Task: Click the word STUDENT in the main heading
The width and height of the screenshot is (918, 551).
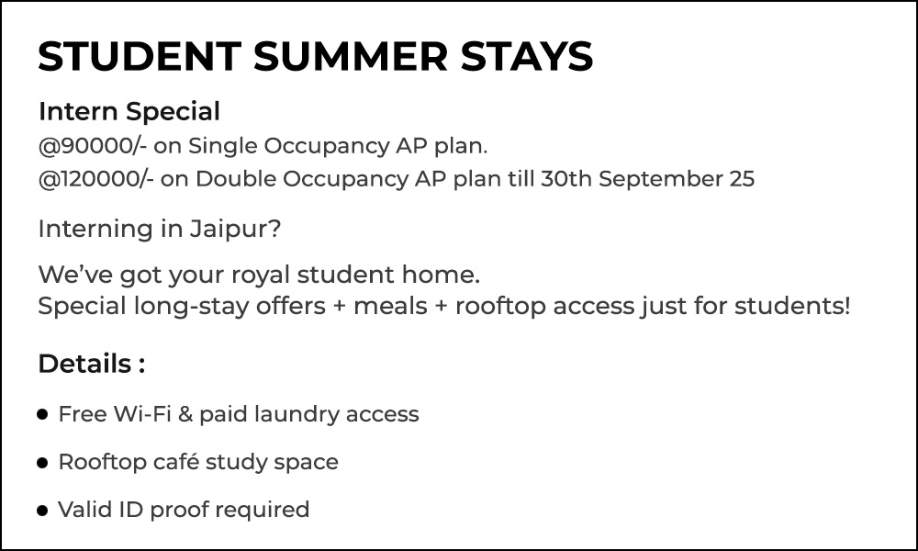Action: [x=140, y=56]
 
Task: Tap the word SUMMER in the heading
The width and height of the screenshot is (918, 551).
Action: [x=351, y=56]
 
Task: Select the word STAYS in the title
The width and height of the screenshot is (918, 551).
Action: [x=527, y=56]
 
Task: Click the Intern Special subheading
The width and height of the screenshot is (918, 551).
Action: [x=129, y=112]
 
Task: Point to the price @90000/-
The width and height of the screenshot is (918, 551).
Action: [x=93, y=146]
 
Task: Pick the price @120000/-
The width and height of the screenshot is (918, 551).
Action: [x=96, y=179]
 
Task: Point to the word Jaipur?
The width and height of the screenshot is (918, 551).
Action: [x=235, y=230]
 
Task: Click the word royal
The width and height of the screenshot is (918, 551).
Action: [x=261, y=275]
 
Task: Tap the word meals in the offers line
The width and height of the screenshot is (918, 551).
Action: [x=390, y=306]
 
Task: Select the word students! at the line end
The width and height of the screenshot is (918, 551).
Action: [x=792, y=306]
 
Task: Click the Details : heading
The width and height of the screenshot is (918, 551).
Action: [x=92, y=364]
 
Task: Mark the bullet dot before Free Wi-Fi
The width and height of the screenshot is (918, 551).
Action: [x=42, y=414]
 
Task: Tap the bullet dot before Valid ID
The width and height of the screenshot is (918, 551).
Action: [x=42, y=511]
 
